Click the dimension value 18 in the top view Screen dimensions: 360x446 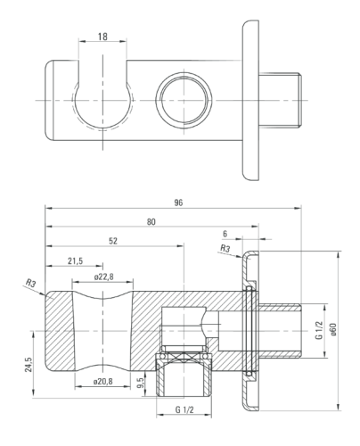[102, 37]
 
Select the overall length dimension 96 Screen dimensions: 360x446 [178, 202]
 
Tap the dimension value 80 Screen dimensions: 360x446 [151, 222]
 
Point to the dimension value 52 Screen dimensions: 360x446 [113, 241]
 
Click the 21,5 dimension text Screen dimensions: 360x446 [75, 261]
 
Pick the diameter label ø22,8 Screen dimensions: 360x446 [104, 277]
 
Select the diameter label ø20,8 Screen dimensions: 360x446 [103, 381]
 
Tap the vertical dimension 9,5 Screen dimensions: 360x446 [141, 383]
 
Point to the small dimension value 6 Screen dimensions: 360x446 [225, 234]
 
